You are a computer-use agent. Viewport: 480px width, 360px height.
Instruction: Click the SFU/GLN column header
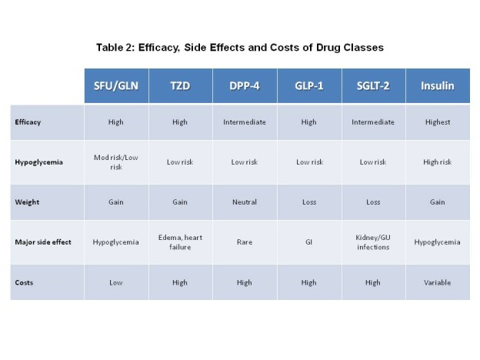pyautogui.click(x=116, y=86)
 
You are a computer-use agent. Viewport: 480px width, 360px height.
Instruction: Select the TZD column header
pyautogui.click(x=180, y=86)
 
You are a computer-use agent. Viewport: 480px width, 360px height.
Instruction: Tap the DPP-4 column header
pyautogui.click(x=245, y=86)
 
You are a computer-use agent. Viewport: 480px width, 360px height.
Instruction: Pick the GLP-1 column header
pyautogui.click(x=309, y=86)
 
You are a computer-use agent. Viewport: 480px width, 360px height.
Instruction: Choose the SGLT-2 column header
pyautogui.click(x=373, y=86)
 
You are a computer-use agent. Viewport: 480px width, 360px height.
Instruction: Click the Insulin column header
pyautogui.click(x=438, y=86)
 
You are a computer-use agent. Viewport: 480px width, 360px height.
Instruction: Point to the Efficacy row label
pyautogui.click(x=28, y=122)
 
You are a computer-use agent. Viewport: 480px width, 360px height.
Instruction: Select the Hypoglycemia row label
pyautogui.click(x=39, y=162)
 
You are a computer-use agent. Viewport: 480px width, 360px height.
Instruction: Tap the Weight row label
pyautogui.click(x=27, y=202)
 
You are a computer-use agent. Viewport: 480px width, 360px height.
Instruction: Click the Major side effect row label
pyautogui.click(x=43, y=242)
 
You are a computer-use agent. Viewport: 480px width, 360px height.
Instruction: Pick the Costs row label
pyautogui.click(x=24, y=282)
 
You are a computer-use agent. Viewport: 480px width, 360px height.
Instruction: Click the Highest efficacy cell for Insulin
pyautogui.click(x=438, y=122)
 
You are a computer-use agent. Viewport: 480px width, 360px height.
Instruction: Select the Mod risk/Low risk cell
pyautogui.click(x=116, y=162)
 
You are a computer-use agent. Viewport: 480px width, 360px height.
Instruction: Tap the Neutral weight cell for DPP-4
pyautogui.click(x=245, y=202)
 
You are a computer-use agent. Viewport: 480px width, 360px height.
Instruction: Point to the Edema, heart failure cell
pyautogui.click(x=180, y=242)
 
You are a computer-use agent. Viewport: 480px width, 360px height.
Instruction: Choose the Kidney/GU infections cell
pyautogui.click(x=373, y=242)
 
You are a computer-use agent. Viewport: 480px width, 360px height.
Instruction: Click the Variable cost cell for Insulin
pyautogui.click(x=438, y=282)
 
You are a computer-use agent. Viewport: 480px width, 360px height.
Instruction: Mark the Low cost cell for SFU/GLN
pyautogui.click(x=116, y=282)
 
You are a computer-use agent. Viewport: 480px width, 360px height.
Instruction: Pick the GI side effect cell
pyautogui.click(x=309, y=242)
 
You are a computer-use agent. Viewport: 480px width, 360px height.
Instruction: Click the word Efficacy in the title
pyautogui.click(x=159, y=48)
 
